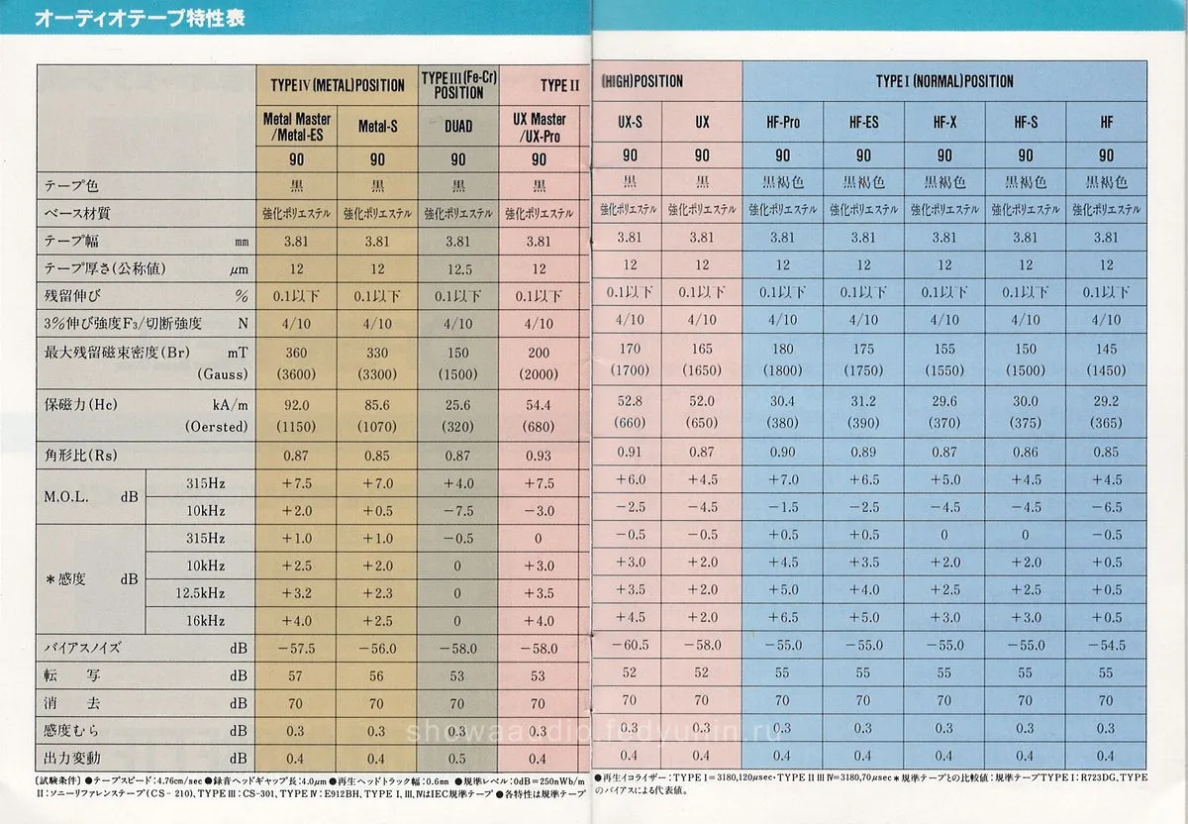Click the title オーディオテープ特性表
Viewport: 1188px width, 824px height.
pyautogui.click(x=140, y=19)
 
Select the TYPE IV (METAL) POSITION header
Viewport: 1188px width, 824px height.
pyautogui.click(x=338, y=85)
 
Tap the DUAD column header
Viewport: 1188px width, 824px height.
pyautogui.click(x=458, y=127)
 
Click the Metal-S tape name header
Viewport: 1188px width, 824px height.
pyautogui.click(x=377, y=127)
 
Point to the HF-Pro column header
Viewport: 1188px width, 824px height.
pyautogui.click(x=783, y=123)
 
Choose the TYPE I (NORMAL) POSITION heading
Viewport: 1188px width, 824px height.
pyautogui.click(x=944, y=81)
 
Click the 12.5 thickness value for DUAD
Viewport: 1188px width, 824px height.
pyautogui.click(x=458, y=269)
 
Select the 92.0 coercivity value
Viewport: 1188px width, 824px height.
pyautogui.click(x=297, y=405)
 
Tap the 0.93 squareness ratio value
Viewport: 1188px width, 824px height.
pyautogui.click(x=539, y=455)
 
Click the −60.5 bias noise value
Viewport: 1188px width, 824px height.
pyautogui.click(x=631, y=646)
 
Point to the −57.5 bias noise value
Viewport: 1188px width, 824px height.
pyautogui.click(x=297, y=648)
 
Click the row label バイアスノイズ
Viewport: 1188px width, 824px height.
pyautogui.click(x=83, y=648)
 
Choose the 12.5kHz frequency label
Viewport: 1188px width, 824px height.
pyautogui.click(x=204, y=593)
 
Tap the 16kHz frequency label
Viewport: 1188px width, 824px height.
pyautogui.click(x=204, y=621)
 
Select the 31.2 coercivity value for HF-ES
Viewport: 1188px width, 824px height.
pyautogui.click(x=863, y=401)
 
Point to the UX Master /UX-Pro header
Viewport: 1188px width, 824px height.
pyautogui.click(x=539, y=127)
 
